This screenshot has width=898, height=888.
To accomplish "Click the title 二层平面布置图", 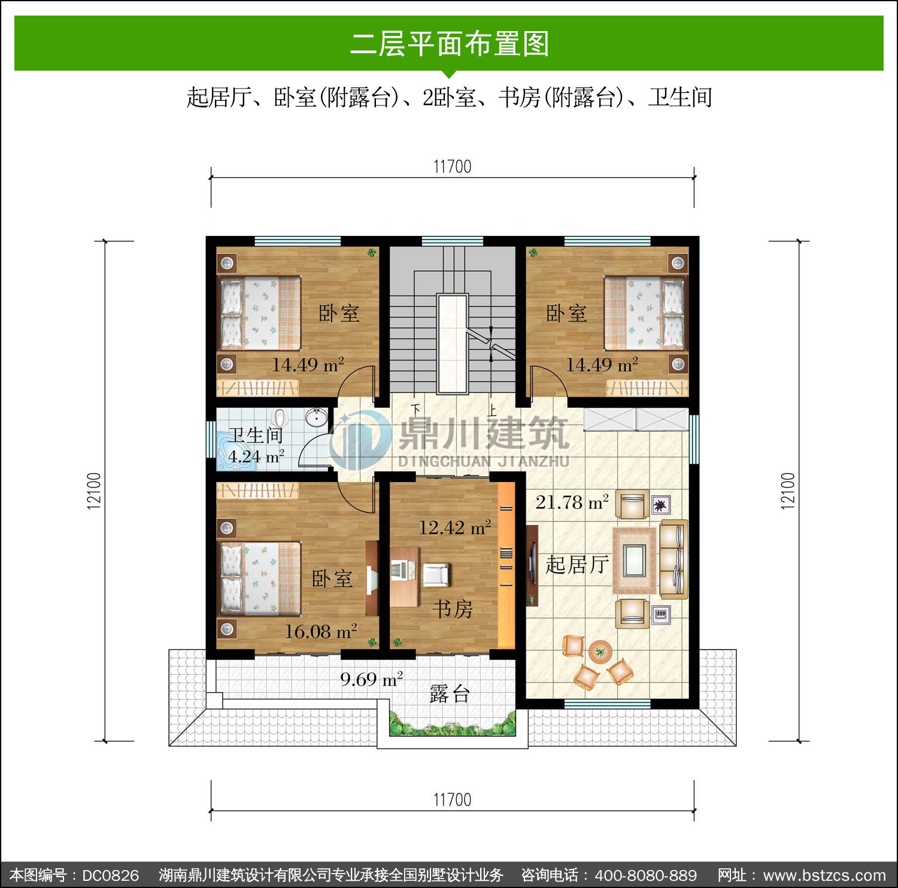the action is (x=449, y=44).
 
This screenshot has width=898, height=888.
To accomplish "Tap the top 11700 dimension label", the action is (x=452, y=166).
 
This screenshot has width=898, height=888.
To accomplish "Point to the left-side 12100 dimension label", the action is (x=95, y=491).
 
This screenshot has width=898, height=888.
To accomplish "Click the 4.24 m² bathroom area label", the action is (x=256, y=457).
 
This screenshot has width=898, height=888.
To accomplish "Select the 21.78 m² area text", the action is (x=572, y=502).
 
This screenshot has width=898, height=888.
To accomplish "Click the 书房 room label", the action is (x=453, y=610).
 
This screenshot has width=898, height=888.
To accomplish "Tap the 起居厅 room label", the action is (x=577, y=564).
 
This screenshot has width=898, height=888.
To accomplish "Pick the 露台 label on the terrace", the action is (x=450, y=694).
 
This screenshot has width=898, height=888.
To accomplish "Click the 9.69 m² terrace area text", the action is (x=371, y=679).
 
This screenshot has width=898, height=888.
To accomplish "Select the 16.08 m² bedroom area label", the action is (x=321, y=631).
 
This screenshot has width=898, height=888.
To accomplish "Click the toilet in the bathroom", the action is (x=280, y=417).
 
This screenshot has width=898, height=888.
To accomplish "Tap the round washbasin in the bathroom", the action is (x=316, y=417).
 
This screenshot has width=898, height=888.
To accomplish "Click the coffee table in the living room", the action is (x=635, y=560).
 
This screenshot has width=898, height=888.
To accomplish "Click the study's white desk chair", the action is (x=435, y=574).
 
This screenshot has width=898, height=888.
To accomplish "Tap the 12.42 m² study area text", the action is (x=455, y=528).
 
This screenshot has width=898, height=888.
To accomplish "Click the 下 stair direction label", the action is (x=415, y=410).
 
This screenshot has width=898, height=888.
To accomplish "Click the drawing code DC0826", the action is (x=110, y=875).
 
